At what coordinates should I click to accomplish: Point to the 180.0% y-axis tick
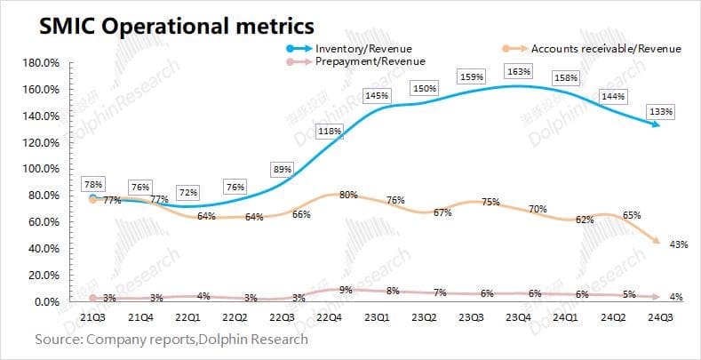pyautogui.click(x=41, y=64)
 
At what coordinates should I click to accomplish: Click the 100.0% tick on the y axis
pyautogui.click(x=41, y=169)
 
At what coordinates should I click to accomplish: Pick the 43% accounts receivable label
pyautogui.click(x=679, y=245)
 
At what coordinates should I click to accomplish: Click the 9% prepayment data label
pyautogui.click(x=345, y=289)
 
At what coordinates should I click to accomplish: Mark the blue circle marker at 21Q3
pyautogui.click(x=92, y=198)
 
